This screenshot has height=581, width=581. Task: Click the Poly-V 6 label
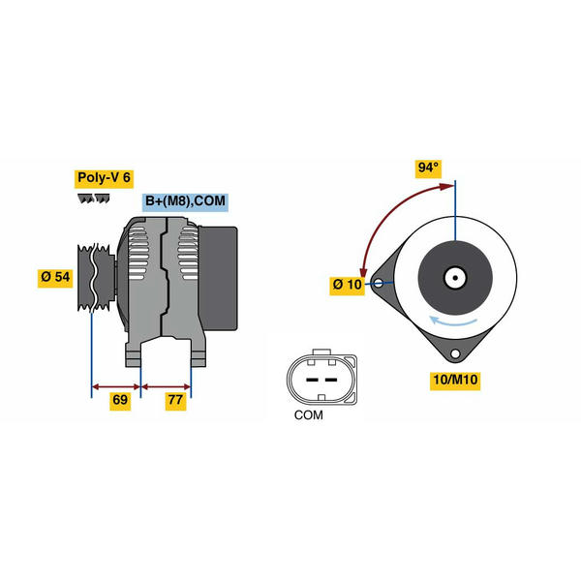pos(104,178)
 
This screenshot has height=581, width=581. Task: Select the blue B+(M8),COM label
pos(185,201)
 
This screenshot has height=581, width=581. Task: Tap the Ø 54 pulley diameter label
pos(55,277)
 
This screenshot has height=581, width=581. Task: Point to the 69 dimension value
pos(120,400)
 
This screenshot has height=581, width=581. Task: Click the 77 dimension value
pos(175,400)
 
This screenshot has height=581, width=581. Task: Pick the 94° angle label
pos(428,168)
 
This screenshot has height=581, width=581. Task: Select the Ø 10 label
pos(348,285)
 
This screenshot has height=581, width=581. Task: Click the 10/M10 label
pos(455,381)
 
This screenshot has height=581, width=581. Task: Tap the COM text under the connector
pos(308,415)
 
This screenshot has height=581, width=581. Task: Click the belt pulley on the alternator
pos(96,277)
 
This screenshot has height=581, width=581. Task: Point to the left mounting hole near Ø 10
pos(379,284)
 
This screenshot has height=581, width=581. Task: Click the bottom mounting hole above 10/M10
pos(455,353)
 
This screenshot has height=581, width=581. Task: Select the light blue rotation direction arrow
pos(453,321)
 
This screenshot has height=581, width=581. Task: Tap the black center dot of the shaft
pos(455,278)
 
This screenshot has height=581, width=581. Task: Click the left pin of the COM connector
pos(312,380)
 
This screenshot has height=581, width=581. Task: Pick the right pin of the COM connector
pos(331,380)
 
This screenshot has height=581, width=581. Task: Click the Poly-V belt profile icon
pos(93,199)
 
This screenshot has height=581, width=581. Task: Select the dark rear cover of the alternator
pos(218,279)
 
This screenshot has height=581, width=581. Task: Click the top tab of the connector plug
pos(321,352)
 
